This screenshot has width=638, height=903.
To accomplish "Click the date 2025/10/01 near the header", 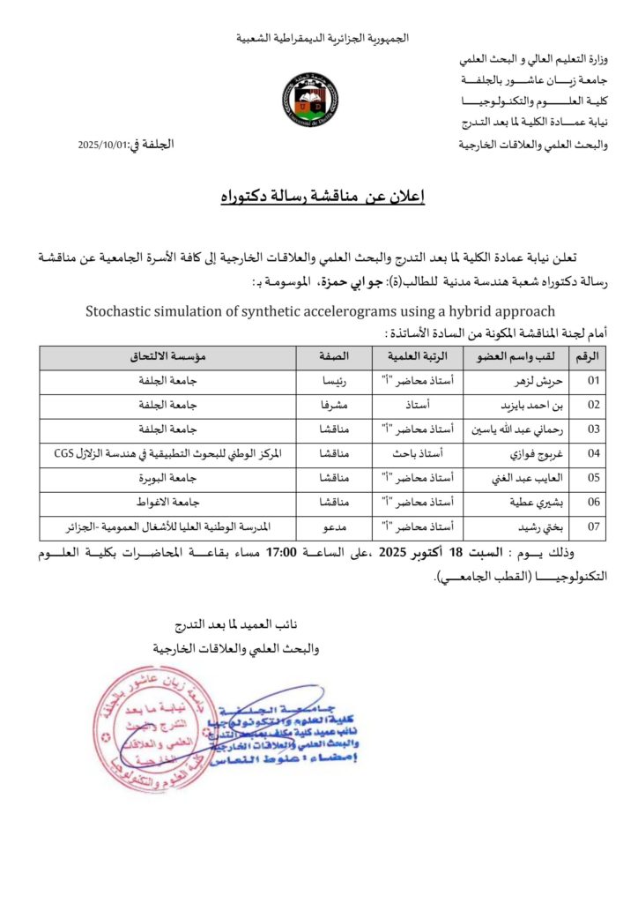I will click(x=104, y=143).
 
